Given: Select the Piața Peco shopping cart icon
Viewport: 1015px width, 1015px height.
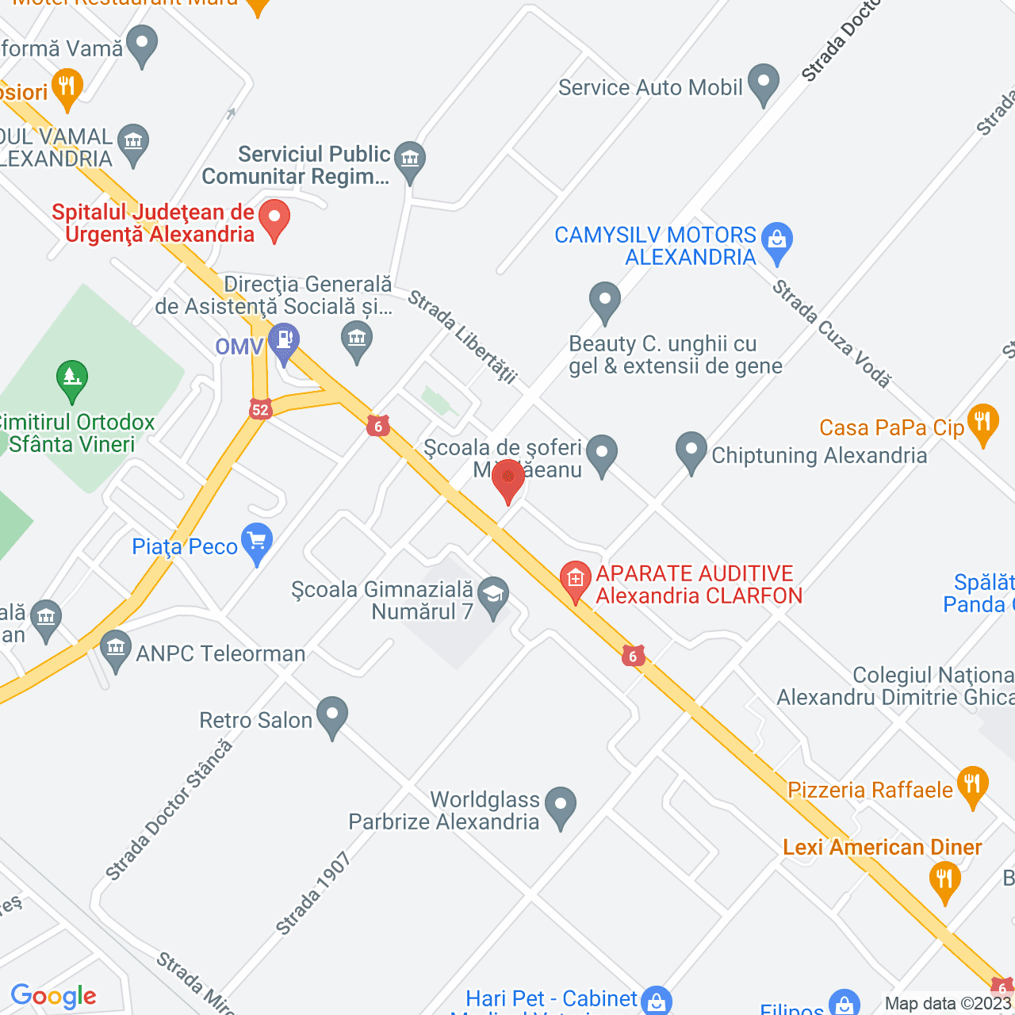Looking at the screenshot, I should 256,542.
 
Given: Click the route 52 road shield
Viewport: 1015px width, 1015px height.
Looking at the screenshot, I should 260,409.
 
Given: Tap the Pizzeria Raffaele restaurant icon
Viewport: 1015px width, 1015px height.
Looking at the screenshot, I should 973,784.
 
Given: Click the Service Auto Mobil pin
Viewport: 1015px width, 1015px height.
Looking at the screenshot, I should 764,82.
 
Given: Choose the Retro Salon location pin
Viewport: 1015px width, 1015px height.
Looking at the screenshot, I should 332,714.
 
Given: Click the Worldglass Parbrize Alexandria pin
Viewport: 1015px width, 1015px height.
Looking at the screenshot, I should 561,805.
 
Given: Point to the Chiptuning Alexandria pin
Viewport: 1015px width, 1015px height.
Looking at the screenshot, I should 691,450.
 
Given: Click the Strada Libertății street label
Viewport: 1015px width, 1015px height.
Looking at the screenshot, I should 462,336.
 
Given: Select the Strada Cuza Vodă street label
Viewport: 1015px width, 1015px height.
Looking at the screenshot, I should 832,333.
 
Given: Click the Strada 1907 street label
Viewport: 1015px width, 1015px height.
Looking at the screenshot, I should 313,893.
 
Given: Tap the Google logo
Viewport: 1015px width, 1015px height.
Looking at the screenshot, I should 54,996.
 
